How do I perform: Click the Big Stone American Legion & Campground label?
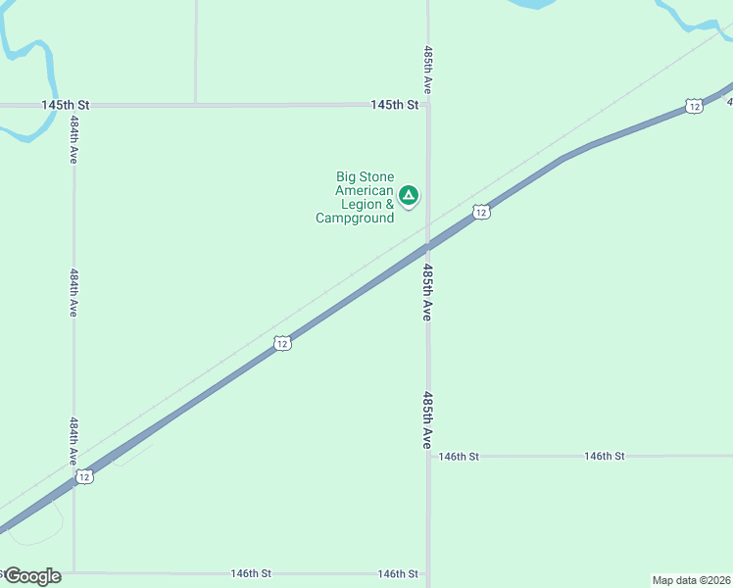pos(355,197)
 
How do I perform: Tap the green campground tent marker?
pos(409,195)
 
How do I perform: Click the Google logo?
pos(32,576)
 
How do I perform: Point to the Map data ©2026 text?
pos(692,579)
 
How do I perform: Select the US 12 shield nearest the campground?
pos(480,212)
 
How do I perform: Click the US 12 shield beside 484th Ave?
pos(84,476)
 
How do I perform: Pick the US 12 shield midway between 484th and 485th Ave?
pos(282,343)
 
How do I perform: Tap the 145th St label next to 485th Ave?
pos(395,105)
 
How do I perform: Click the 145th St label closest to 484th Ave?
pos(66,105)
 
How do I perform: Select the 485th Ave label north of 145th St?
pos(428,70)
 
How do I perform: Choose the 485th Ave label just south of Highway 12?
pos(428,291)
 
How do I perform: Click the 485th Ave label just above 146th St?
pos(428,419)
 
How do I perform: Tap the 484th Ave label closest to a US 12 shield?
pos(73,442)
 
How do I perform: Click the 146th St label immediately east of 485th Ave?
pos(459,457)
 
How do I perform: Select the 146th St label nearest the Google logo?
pos(251,573)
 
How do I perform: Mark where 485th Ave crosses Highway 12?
pos(427,245)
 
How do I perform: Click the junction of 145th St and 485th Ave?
pos(427,105)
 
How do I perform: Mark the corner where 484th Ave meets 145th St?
pos(73,105)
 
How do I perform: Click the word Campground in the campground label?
pos(355,218)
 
